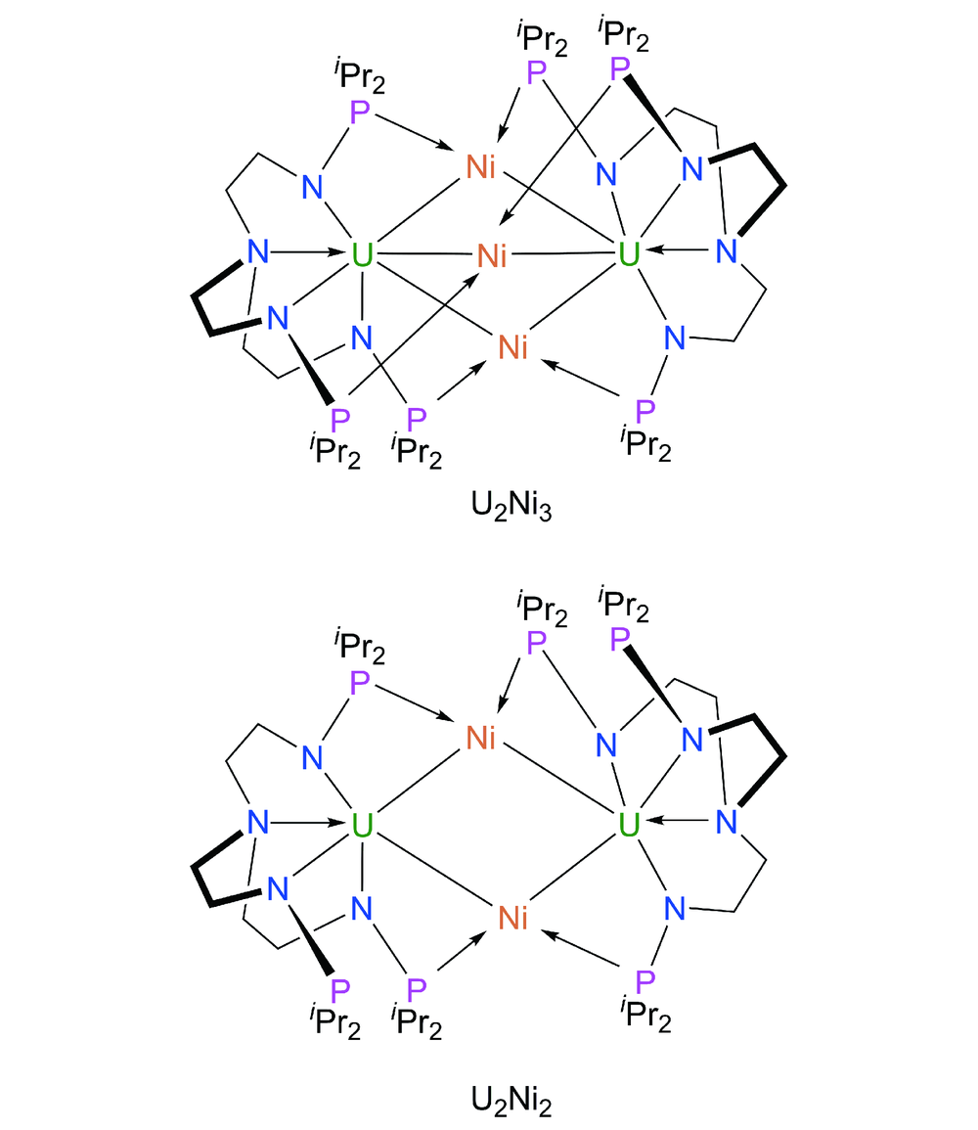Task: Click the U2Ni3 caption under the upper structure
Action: (x=511, y=506)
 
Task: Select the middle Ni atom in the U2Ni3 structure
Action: (x=492, y=255)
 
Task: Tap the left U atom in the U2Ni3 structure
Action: (x=362, y=254)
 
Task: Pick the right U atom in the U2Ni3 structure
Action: (x=629, y=253)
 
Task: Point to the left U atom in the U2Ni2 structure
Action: (x=362, y=825)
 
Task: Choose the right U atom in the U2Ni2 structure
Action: (x=629, y=825)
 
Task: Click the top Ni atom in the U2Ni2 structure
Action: (x=481, y=738)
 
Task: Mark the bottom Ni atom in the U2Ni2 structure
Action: (x=512, y=918)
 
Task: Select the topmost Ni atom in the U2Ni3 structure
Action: (x=481, y=166)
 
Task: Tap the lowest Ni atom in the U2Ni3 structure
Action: (x=512, y=347)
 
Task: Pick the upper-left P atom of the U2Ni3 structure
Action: (x=359, y=113)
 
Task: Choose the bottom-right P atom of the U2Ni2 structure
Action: (x=645, y=981)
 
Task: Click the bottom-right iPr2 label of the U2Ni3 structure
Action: (x=645, y=443)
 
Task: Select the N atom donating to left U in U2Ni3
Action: (x=258, y=251)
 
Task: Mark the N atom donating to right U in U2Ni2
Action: (x=727, y=822)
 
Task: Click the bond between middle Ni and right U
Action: (x=562, y=254)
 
